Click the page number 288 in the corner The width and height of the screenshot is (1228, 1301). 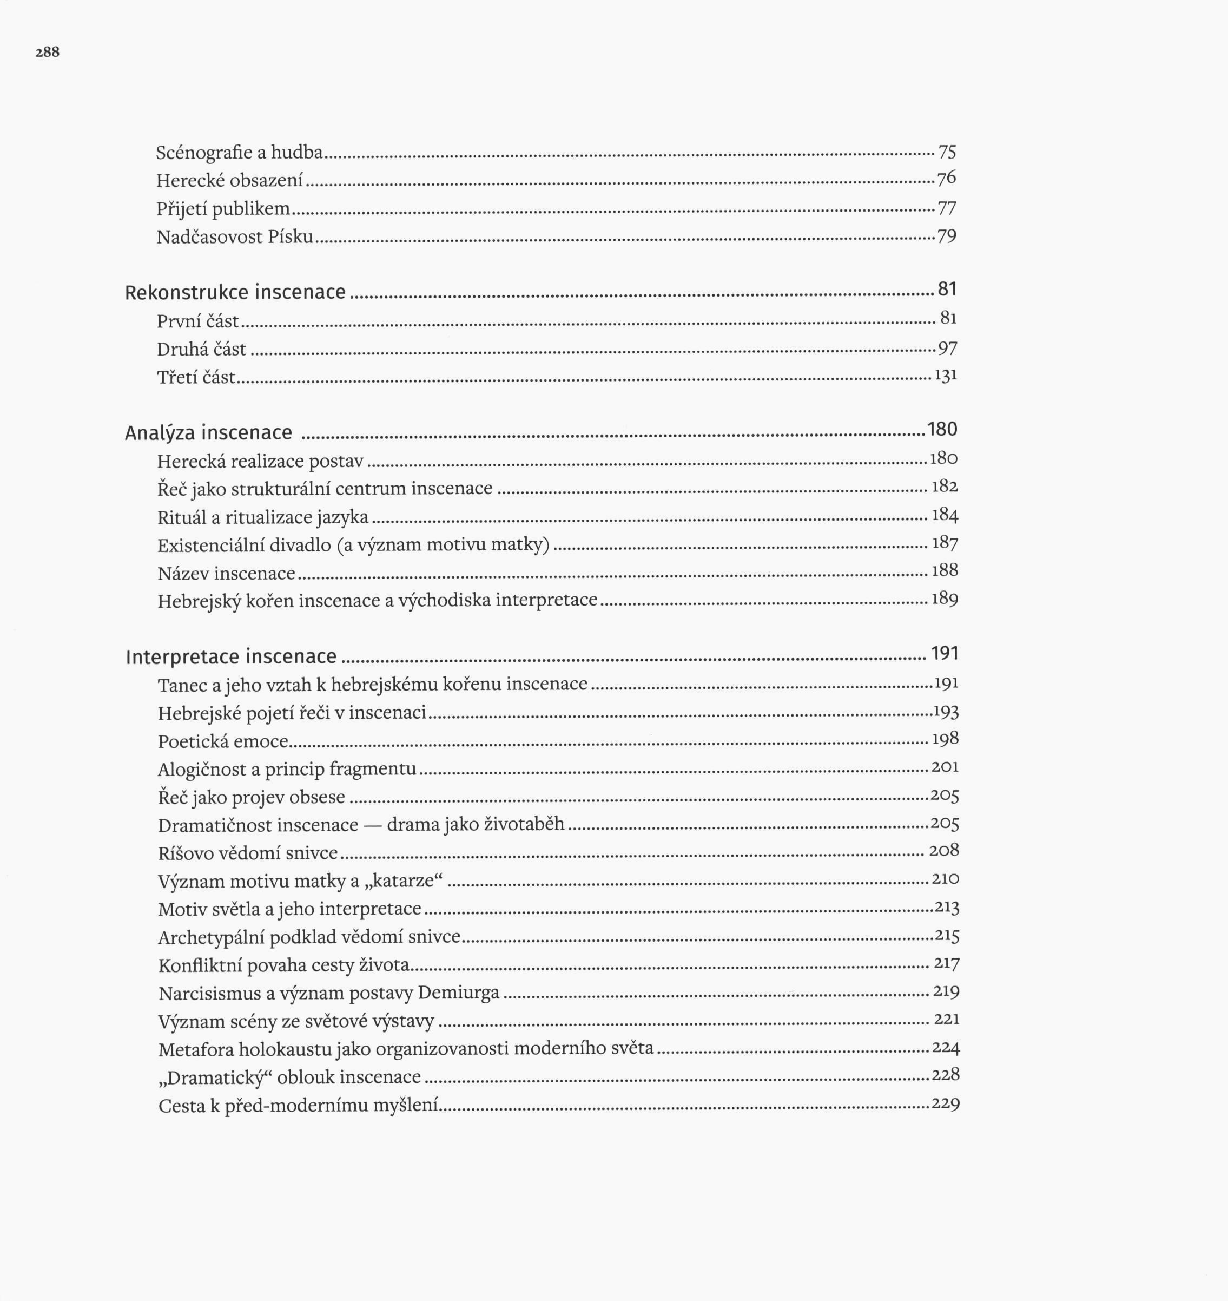point(47,52)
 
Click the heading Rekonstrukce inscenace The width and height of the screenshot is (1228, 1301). point(235,292)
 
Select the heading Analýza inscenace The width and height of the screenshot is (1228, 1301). point(208,433)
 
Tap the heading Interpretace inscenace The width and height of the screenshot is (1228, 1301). point(231,656)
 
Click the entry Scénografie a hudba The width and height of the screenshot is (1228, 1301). point(240,153)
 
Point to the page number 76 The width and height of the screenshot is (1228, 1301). point(947,178)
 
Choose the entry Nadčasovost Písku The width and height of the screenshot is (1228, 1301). point(235,236)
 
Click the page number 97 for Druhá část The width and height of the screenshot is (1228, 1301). point(947,349)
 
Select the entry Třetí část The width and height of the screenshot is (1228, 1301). point(196,377)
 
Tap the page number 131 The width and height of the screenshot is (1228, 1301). point(946,376)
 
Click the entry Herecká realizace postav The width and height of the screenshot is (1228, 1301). point(260,462)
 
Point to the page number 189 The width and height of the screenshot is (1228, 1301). point(945,599)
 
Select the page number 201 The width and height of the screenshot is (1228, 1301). point(945,767)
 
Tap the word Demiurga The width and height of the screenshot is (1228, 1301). point(458,993)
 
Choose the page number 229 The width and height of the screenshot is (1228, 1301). point(945,1104)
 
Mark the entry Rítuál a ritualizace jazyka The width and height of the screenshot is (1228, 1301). point(263,518)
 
